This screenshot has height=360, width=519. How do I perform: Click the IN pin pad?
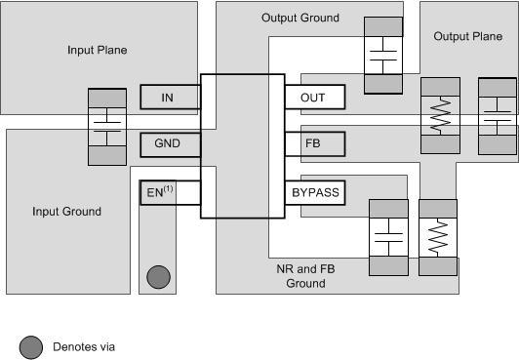tap(170, 98)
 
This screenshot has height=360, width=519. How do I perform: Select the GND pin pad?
tap(170, 145)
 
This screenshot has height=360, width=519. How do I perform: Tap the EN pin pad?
tap(170, 192)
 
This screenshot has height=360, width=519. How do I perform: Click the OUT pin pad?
tap(315, 98)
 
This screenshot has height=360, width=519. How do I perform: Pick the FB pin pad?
tap(315, 145)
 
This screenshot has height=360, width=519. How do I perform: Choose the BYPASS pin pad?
tap(315, 192)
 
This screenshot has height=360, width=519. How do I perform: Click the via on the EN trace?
tap(156, 277)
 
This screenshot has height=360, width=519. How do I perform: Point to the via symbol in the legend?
tap(30, 344)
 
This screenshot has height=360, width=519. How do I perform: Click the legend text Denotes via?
tap(85, 344)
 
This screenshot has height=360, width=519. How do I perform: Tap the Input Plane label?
tap(97, 50)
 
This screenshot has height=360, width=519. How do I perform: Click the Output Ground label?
tap(300, 18)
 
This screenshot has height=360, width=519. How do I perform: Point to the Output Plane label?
tap(466, 36)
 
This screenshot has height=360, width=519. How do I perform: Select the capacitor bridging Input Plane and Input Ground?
tap(107, 127)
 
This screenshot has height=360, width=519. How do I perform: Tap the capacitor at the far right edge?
tap(498, 115)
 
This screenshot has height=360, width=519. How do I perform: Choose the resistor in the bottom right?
tap(437, 236)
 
